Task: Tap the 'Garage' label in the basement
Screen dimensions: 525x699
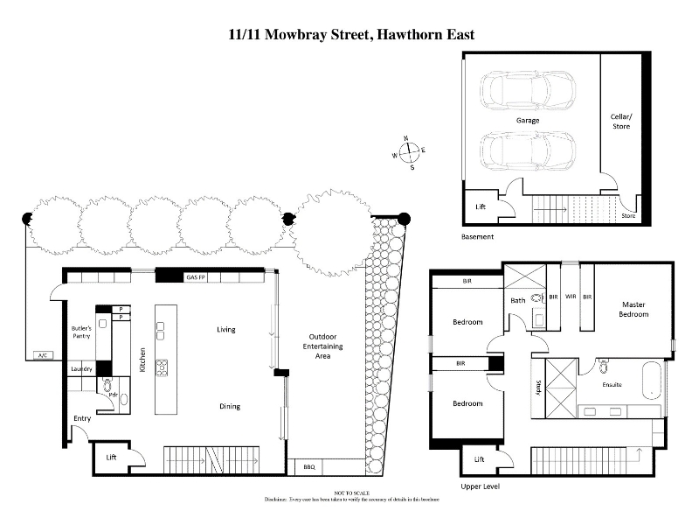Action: coord(526,120)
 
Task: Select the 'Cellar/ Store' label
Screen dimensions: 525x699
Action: coord(620,122)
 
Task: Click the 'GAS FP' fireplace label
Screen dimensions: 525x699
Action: coord(196,276)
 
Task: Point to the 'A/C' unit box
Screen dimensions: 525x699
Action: coord(40,355)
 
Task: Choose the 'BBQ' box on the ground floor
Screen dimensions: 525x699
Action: coord(308,467)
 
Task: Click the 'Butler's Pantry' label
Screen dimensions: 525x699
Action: coord(82,332)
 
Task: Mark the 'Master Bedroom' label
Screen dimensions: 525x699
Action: coord(633,309)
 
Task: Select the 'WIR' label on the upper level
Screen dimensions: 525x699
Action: coord(570,297)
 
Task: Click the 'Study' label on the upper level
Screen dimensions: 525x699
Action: coord(537,386)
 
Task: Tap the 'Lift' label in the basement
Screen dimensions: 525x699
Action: coord(481,207)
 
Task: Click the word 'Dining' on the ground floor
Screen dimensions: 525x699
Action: coord(230,406)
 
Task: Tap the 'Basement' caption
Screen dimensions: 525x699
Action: coord(477,237)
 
